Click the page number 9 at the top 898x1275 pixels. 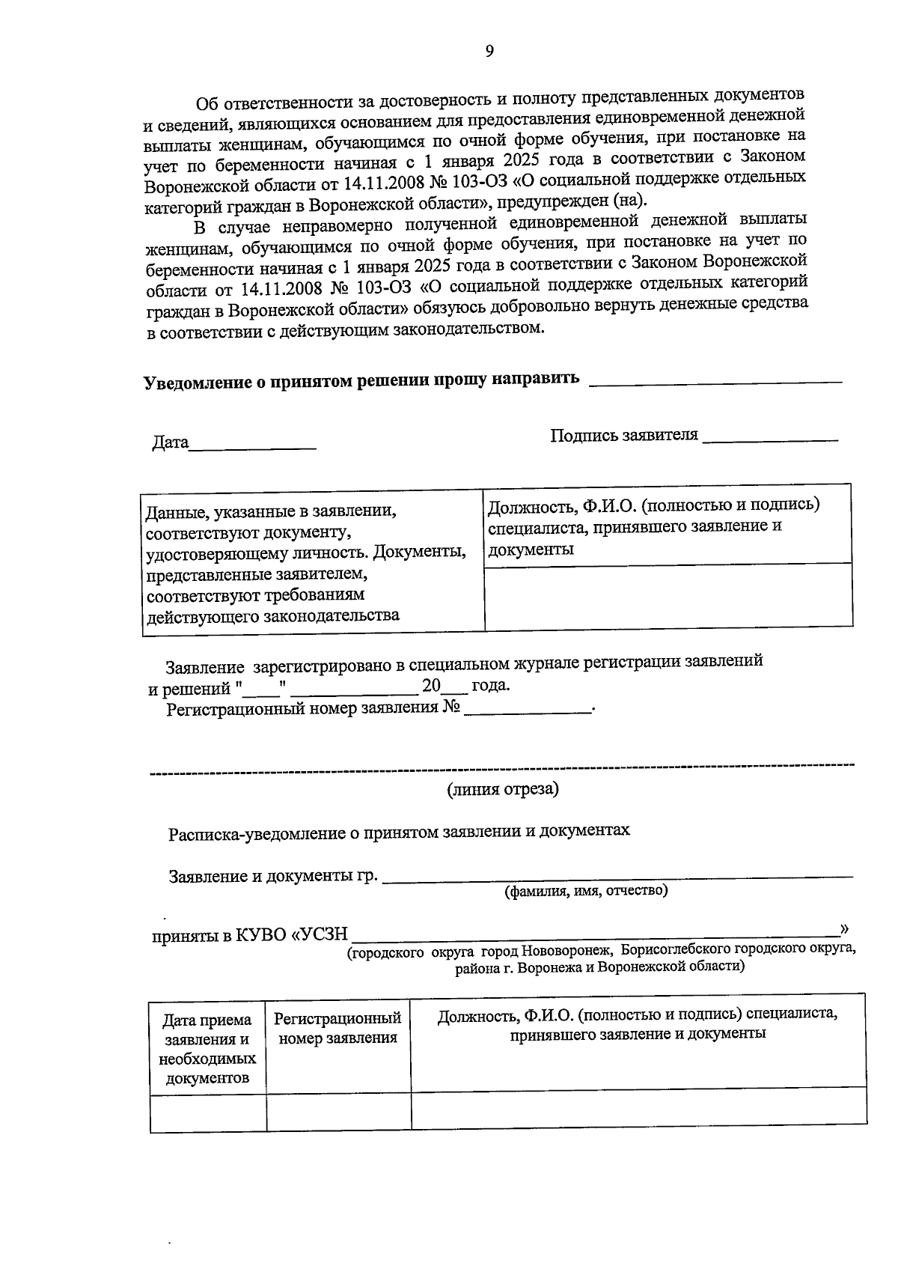[489, 51]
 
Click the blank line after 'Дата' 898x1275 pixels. [252, 446]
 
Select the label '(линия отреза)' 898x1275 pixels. [503, 789]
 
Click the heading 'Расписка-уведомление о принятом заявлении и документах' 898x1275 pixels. [399, 831]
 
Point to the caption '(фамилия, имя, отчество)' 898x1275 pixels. [586, 890]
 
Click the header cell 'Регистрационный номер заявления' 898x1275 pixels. [338, 1028]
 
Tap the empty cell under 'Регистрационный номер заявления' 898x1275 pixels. [338, 1111]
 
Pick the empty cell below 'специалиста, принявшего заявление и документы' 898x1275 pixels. [668, 595]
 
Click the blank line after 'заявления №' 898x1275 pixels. [527, 710]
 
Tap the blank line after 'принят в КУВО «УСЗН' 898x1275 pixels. [595, 933]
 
